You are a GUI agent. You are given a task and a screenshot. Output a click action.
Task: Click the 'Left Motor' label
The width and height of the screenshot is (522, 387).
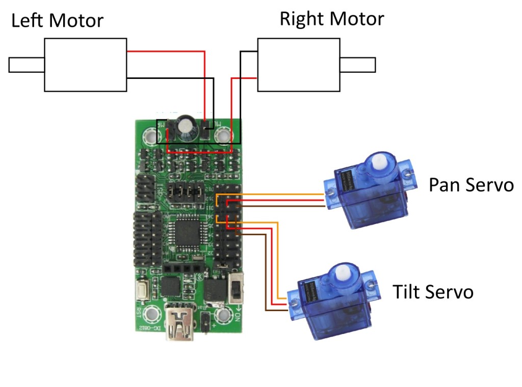[x=57, y=21]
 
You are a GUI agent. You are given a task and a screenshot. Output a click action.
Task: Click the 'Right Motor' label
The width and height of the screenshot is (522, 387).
[x=331, y=19]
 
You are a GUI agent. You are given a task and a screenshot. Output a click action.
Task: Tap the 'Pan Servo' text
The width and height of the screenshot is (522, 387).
[x=471, y=185]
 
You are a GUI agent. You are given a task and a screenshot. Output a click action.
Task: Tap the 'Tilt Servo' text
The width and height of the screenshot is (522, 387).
[x=433, y=292]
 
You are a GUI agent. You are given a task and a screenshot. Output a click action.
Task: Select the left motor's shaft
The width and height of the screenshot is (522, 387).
[x=27, y=65]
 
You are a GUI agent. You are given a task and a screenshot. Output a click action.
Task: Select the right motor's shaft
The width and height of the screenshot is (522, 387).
[x=358, y=65]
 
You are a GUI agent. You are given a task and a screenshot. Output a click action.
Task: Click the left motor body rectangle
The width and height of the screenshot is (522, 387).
[x=85, y=65]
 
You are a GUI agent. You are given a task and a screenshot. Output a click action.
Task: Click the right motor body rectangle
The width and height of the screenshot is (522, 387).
[x=298, y=64]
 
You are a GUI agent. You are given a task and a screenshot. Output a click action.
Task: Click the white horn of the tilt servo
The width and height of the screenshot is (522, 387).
[x=338, y=273]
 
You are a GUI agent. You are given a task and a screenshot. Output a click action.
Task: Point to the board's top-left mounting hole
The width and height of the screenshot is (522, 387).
[x=151, y=136]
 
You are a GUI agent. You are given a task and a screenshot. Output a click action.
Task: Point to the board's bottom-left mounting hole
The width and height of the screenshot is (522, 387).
[x=151, y=313]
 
